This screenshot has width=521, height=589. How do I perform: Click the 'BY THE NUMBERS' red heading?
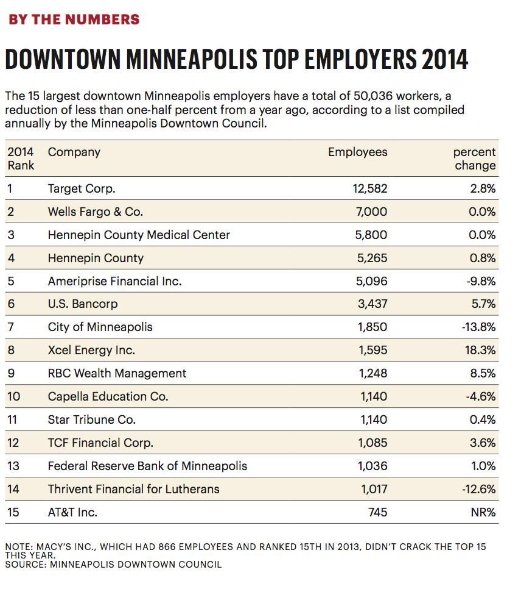pyautogui.click(x=74, y=20)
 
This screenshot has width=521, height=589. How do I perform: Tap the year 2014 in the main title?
pyautogui.click(x=442, y=59)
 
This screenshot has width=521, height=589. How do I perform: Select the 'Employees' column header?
pyautogui.click(x=357, y=152)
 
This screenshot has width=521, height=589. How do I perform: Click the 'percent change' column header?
pyautogui.click(x=474, y=159)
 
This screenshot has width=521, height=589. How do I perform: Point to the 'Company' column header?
pyautogui.click(x=74, y=152)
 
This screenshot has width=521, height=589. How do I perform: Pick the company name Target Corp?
pyautogui.click(x=82, y=189)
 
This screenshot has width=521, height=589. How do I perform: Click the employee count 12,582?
pyautogui.click(x=369, y=189)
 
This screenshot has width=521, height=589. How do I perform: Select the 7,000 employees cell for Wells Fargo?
pyautogui.click(x=371, y=212)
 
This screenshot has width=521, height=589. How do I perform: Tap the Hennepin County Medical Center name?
pyautogui.click(x=139, y=235)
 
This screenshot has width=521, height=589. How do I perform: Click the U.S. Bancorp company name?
pyautogui.click(x=83, y=304)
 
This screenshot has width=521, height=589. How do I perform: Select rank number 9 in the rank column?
pyautogui.click(x=11, y=373)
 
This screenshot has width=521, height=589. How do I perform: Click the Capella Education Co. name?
pyautogui.click(x=108, y=396)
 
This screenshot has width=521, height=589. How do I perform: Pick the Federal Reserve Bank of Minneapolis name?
pyautogui.click(x=147, y=466)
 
